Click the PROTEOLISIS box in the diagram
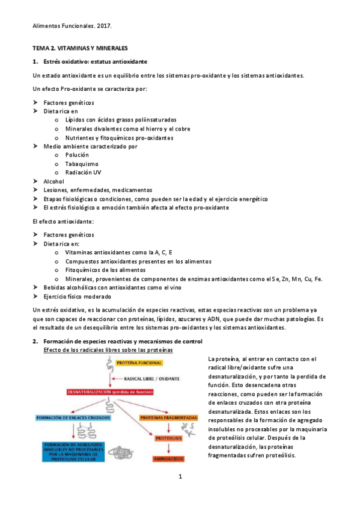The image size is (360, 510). (x=168, y=438)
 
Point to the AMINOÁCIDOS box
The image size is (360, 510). (x=168, y=458)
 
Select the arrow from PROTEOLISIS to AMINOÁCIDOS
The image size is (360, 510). (x=168, y=449)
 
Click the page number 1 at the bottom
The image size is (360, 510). (x=180, y=494)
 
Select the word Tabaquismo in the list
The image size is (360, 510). (x=82, y=164)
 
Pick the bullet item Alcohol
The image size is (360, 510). (x=54, y=181)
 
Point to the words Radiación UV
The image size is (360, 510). (x=83, y=172)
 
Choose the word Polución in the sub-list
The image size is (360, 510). (x=78, y=155)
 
